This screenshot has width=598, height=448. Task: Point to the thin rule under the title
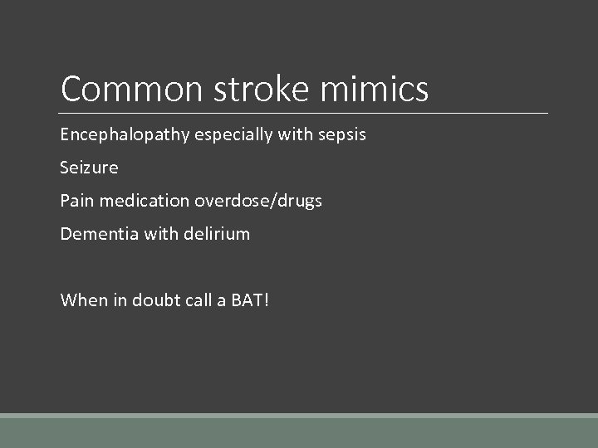(304, 113)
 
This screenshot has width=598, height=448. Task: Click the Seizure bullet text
(89, 168)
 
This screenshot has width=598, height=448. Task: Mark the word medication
(144, 201)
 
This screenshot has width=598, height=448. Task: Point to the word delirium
(216, 234)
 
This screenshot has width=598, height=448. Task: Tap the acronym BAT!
(250, 299)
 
